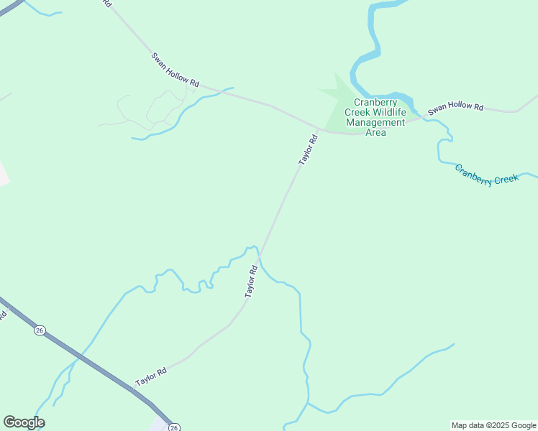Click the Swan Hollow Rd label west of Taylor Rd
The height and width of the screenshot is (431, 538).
point(175,70)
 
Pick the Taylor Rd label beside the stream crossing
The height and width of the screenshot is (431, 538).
point(251,282)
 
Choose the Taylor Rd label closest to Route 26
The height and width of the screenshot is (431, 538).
point(151,376)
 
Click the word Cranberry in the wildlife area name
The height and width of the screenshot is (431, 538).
point(375,102)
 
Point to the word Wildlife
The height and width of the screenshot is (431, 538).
point(388,112)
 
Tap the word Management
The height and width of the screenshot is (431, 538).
point(375,122)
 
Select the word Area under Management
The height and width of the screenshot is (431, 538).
point(375,132)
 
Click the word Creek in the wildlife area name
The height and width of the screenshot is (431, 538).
point(357,112)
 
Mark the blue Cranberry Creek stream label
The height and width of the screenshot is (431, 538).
point(485,175)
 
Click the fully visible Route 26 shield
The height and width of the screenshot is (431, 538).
point(39,330)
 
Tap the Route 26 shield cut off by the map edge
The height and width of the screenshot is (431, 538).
point(174,427)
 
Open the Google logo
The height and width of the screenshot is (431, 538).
point(24,422)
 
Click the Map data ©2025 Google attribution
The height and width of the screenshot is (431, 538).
point(493,425)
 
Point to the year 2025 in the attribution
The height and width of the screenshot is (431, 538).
point(501,425)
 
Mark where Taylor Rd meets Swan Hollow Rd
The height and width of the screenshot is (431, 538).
point(319,130)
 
